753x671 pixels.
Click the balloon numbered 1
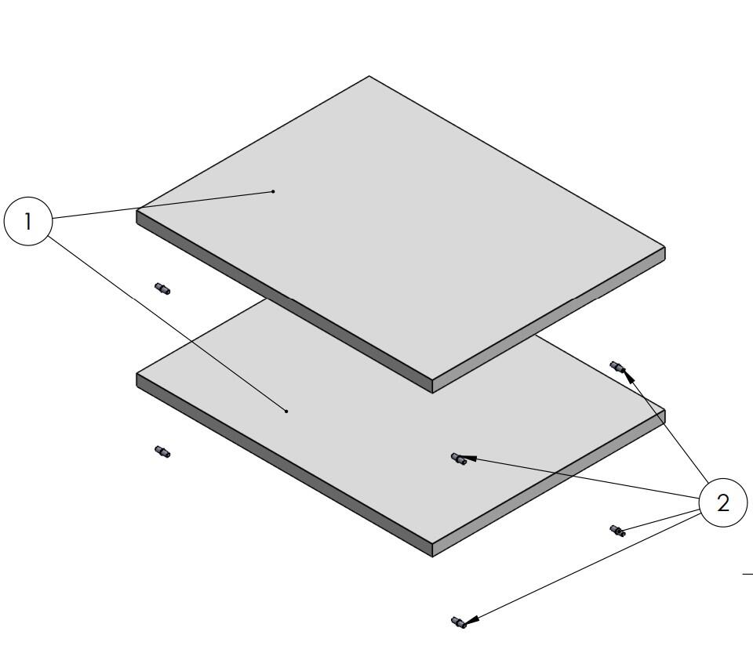[x=28, y=221]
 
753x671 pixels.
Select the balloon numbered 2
[x=722, y=502]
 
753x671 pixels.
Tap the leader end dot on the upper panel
[x=273, y=191]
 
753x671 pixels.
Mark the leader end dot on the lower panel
[x=287, y=412]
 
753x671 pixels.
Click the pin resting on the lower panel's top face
[x=459, y=459]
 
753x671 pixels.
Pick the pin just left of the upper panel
[x=162, y=288]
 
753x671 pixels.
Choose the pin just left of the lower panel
[x=162, y=452]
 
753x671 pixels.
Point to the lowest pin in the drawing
[x=459, y=622]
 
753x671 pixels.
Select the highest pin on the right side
[x=617, y=368]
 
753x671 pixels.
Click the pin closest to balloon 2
[x=617, y=531]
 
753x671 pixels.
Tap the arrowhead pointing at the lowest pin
[x=471, y=620]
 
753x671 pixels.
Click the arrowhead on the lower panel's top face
[x=468, y=459]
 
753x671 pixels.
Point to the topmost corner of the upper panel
[x=369, y=76]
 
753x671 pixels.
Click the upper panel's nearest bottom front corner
[x=433, y=393]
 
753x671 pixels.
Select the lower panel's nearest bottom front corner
[x=433, y=557]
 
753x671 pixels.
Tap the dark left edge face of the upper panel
[x=284, y=302]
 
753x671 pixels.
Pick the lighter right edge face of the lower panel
[x=549, y=484]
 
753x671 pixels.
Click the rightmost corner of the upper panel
[x=664, y=248]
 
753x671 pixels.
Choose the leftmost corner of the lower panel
[x=136, y=373]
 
